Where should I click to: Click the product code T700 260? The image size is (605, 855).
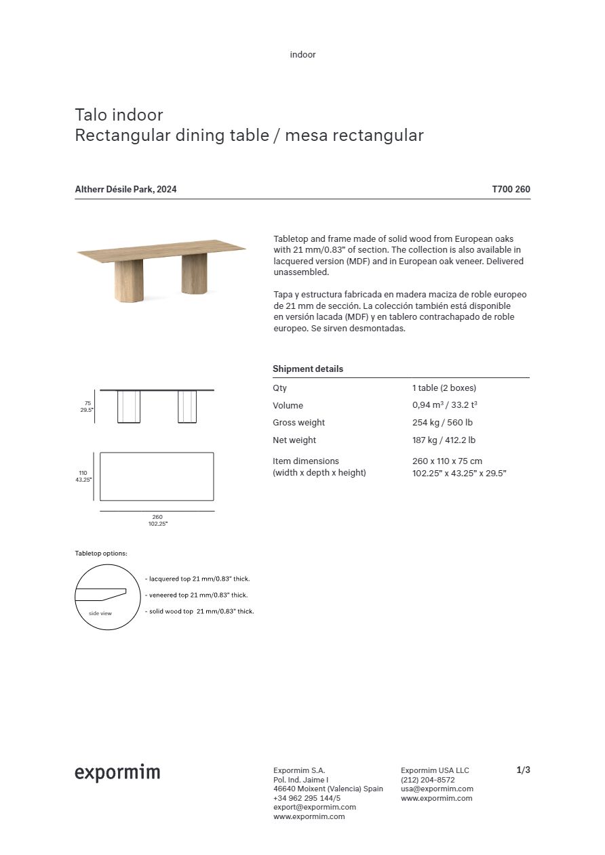tap(511, 190)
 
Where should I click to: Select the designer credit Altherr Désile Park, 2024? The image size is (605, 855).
tap(125, 190)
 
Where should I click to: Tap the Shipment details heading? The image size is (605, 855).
tap(308, 369)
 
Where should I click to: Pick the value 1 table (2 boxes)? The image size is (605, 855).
tap(444, 388)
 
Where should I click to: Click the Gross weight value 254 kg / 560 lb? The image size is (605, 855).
tap(442, 423)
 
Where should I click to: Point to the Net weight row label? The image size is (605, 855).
tap(294, 440)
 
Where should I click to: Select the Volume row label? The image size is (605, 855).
tap(288, 406)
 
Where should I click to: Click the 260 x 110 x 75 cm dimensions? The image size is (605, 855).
tap(447, 461)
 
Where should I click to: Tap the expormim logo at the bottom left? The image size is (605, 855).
tap(117, 773)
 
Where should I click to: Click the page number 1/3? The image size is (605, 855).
tap(523, 770)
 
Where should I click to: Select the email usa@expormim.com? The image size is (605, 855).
tap(437, 789)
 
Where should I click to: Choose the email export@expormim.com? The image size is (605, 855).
tap(315, 807)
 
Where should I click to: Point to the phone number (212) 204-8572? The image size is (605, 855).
tap(428, 780)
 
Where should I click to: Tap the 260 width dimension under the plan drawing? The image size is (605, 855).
tap(157, 517)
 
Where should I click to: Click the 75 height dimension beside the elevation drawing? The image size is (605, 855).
tap(87, 403)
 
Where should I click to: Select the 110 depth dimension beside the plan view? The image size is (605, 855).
tap(84, 473)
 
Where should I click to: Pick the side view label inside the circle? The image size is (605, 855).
tap(100, 613)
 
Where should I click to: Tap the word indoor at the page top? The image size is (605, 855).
tap(302, 55)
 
